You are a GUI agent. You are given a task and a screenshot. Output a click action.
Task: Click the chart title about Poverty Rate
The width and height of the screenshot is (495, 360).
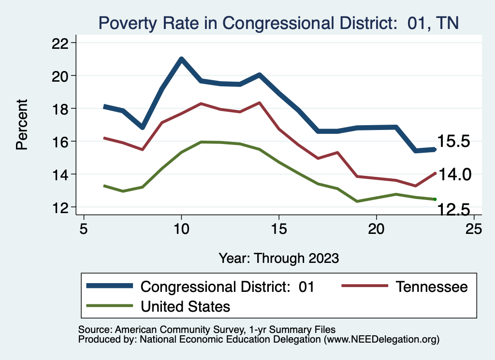point(278,23)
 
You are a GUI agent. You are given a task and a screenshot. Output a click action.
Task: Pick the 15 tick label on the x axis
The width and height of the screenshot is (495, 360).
point(278,229)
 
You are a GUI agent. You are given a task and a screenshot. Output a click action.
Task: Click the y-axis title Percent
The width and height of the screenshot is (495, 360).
point(22,124)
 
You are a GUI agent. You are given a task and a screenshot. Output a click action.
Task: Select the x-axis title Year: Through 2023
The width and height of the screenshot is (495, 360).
point(278,258)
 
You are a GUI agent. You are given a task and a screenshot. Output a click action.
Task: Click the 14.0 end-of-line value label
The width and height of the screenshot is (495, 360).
point(454,174)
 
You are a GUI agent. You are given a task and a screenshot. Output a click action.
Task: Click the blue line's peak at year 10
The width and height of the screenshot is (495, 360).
point(181,59)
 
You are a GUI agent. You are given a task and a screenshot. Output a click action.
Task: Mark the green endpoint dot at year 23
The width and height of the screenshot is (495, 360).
point(436,199)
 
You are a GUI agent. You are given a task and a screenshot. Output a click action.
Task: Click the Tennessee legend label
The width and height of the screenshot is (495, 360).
point(432,287)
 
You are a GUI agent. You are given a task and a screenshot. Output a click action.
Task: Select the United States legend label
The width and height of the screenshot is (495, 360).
point(185,306)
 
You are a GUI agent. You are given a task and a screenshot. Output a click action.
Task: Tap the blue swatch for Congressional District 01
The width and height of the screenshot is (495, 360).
point(110,286)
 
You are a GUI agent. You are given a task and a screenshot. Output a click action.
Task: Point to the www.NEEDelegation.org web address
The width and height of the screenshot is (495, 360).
point(382,340)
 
